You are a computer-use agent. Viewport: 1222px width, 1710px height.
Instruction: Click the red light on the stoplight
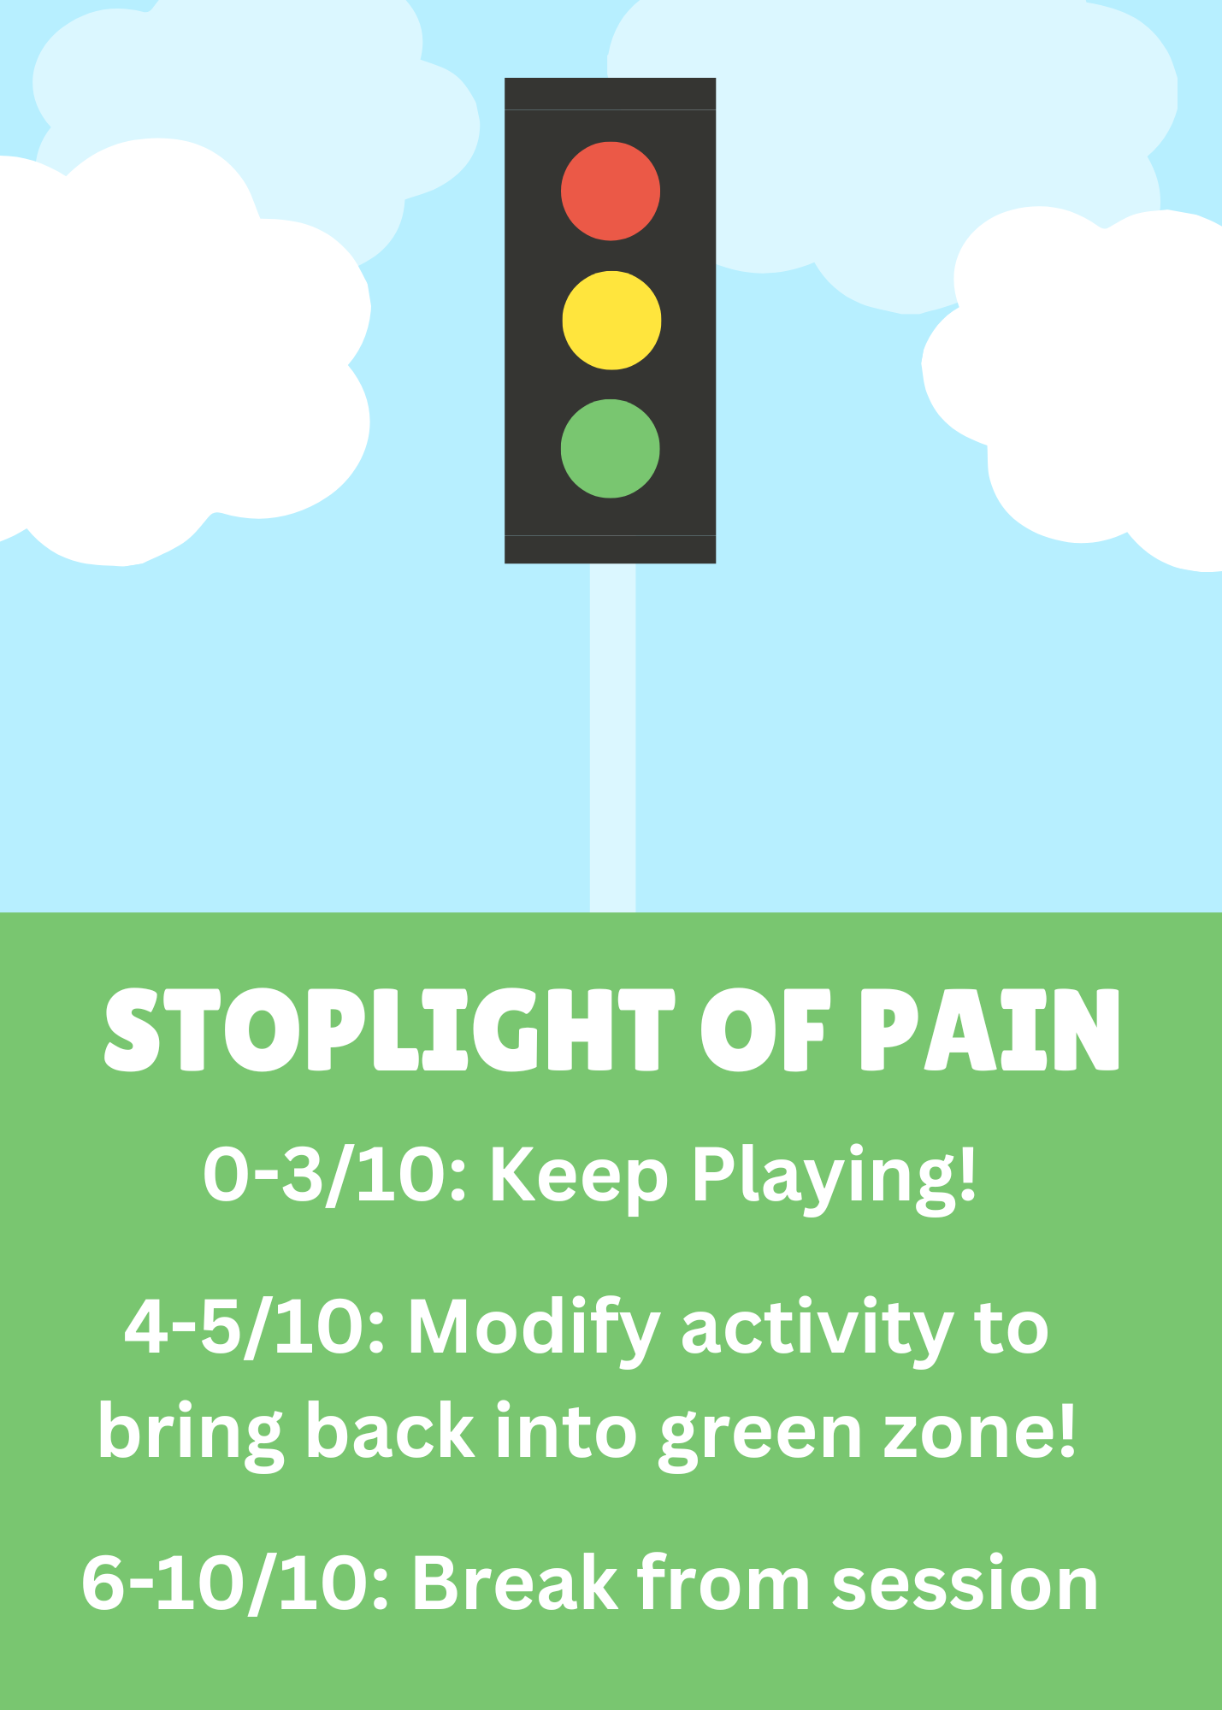pos(611,191)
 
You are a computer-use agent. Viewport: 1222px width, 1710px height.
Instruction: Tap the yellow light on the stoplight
pos(611,321)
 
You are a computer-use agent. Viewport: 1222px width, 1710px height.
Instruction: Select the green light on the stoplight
pos(611,448)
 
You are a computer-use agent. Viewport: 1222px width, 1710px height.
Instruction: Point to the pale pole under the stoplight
pos(612,735)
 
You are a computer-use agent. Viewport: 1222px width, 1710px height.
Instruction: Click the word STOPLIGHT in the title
pos(390,1029)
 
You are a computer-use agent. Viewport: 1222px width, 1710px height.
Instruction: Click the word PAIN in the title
pos(989,1029)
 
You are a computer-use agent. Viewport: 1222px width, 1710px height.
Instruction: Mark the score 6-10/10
pos(236,1583)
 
